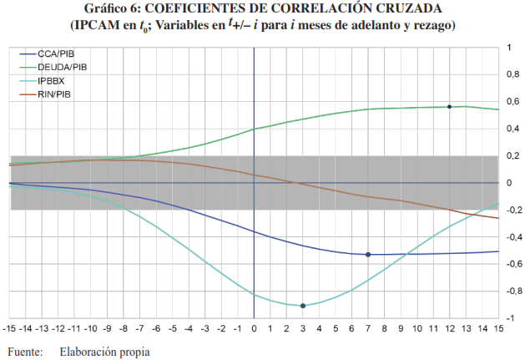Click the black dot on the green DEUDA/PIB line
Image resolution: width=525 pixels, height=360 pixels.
pos(450,107)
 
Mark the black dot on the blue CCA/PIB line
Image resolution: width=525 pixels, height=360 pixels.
pos(368,255)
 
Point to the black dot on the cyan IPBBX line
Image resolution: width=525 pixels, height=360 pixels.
pos(303,306)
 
